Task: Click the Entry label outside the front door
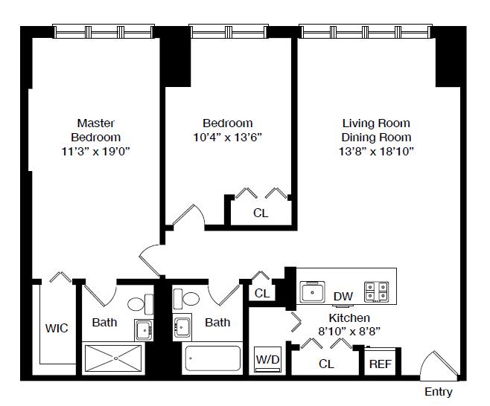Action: (439, 392)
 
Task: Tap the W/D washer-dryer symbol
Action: (268, 359)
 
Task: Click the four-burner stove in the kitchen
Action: (377, 291)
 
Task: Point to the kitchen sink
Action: (312, 292)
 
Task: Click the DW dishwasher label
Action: (343, 297)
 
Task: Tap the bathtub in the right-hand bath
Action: (212, 358)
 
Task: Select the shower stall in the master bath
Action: (113, 358)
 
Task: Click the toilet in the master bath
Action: (141, 304)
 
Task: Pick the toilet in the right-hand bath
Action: (186, 299)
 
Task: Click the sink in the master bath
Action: (144, 330)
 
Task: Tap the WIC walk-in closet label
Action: (57, 329)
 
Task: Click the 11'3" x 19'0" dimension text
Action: (95, 152)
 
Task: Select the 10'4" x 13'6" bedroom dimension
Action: (228, 138)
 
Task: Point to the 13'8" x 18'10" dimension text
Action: (376, 152)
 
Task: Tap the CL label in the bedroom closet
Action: (261, 213)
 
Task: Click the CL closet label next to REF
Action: (327, 364)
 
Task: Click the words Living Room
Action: (376, 123)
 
